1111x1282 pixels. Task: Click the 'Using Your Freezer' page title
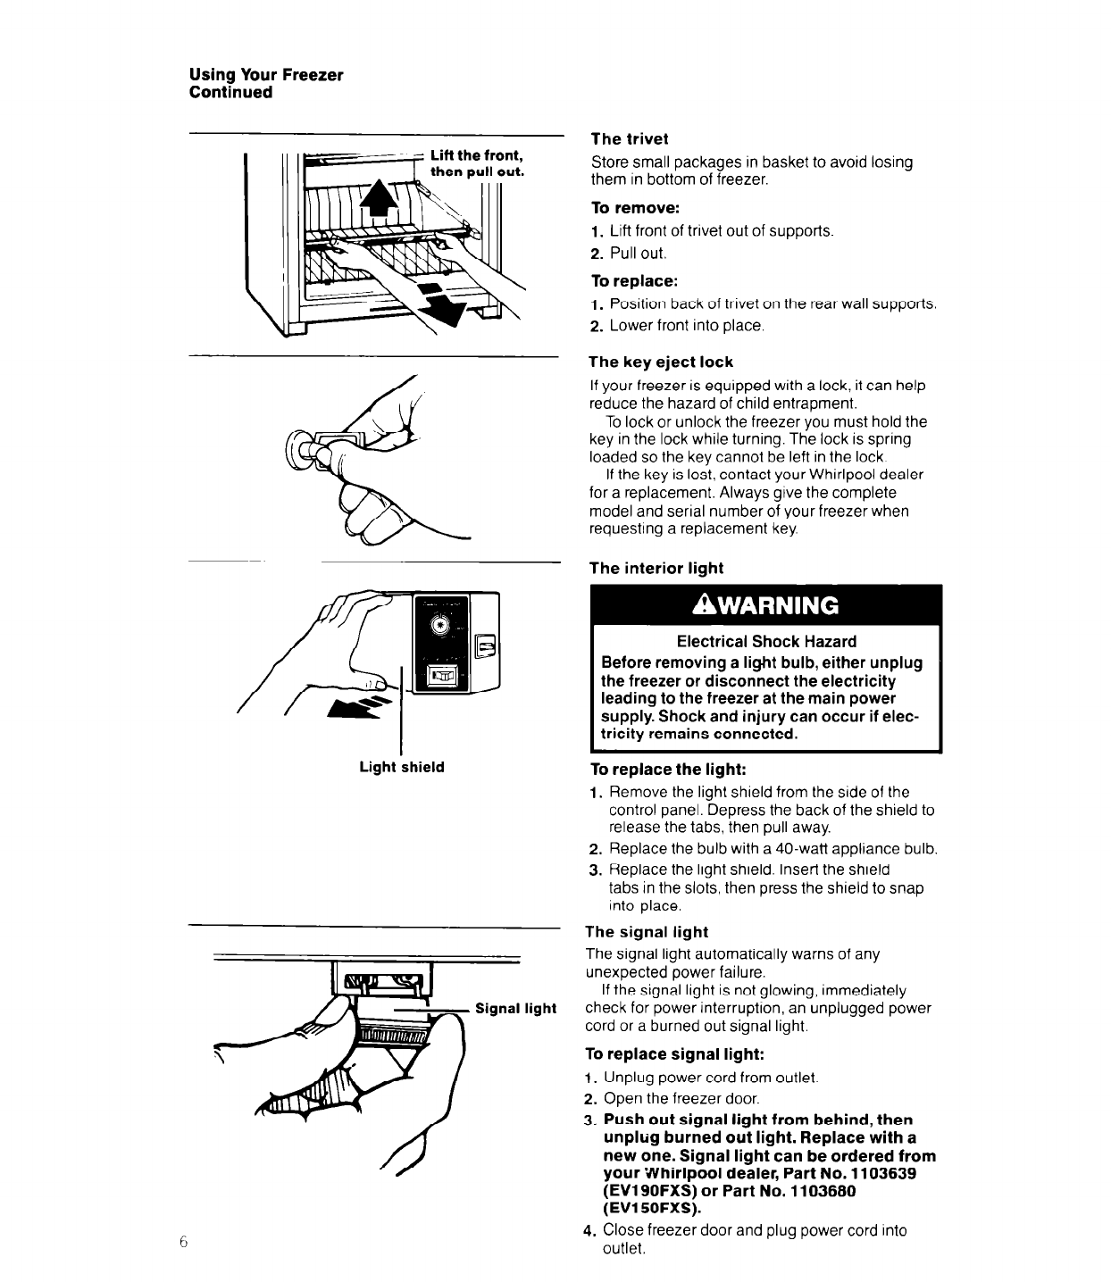click(x=266, y=75)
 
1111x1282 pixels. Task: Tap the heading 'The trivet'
click(x=629, y=138)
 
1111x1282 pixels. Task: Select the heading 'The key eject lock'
click(x=661, y=362)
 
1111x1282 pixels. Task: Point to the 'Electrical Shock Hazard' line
click(x=766, y=641)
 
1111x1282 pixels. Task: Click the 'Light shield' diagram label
click(x=402, y=767)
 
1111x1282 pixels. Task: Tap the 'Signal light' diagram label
click(x=516, y=1009)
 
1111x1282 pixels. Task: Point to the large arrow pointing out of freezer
click(x=444, y=304)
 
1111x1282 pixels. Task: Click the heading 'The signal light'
click(x=647, y=932)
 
